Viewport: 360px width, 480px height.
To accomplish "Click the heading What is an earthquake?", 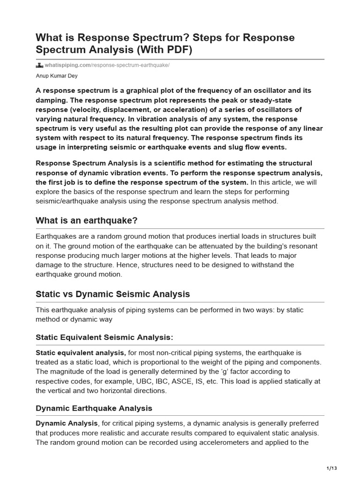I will (87, 221).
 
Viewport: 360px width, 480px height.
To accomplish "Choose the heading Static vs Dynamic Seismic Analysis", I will (113, 294).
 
